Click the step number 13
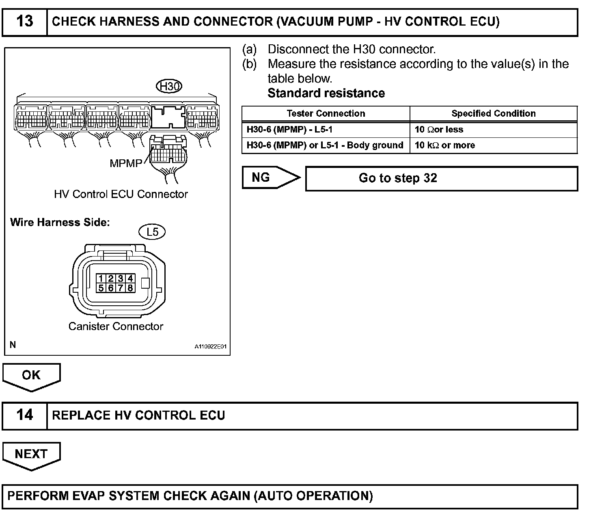pyautogui.click(x=24, y=21)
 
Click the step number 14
pyautogui.click(x=24, y=415)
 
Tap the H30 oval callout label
pyautogui.click(x=169, y=86)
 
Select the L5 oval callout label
pyautogui.click(x=152, y=232)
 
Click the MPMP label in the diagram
pyautogui.click(x=126, y=163)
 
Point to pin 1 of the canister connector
pyautogui.click(x=101, y=278)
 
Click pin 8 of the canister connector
pyautogui.click(x=130, y=288)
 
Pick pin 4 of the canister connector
pyautogui.click(x=130, y=278)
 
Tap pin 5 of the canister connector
pyautogui.click(x=101, y=288)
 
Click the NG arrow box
pyautogui.click(x=270, y=178)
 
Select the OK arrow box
pyautogui.click(x=31, y=376)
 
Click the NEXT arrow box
pyautogui.click(x=31, y=455)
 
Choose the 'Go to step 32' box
pyautogui.click(x=441, y=178)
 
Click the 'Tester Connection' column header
pyautogui.click(x=326, y=113)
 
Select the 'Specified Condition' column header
pyautogui.click(x=493, y=113)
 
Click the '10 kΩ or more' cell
pyautogui.click(x=444, y=145)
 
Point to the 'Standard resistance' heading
pyautogui.click(x=326, y=93)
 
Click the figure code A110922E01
pyautogui.click(x=210, y=347)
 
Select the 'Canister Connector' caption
pyautogui.click(x=116, y=326)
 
